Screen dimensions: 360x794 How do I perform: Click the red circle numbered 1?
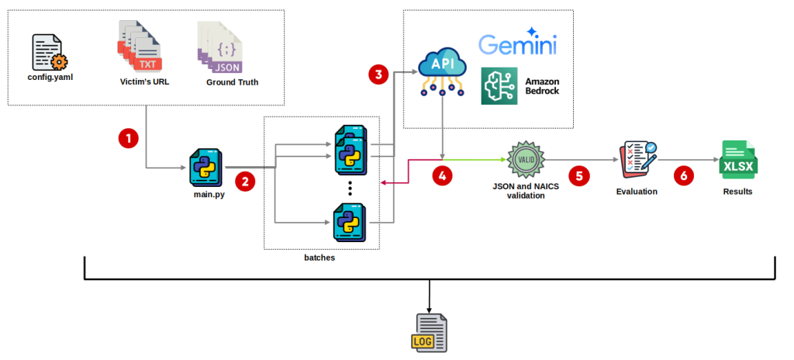tap(128, 138)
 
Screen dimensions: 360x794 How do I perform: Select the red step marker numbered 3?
tap(378, 74)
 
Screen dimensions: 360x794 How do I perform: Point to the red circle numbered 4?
tap(442, 176)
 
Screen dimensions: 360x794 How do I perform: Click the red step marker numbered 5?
tap(578, 175)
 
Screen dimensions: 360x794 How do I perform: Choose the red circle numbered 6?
tap(682, 176)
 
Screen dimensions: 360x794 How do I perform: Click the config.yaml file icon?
tap(49, 53)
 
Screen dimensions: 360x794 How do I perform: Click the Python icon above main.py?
tap(206, 167)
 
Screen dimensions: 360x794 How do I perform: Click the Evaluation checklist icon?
tap(637, 160)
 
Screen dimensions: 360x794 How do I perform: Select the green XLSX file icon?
tap(737, 160)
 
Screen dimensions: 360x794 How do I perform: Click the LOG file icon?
tap(428, 333)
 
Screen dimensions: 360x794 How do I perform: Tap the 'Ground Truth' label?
tap(232, 82)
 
